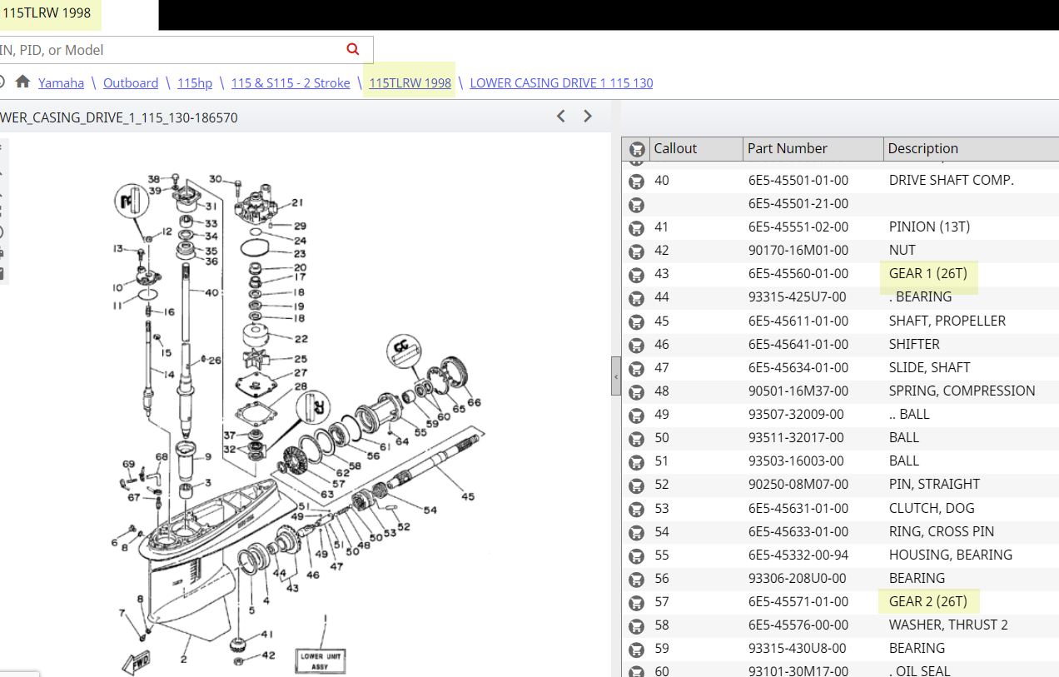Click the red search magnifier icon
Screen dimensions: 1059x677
click(353, 49)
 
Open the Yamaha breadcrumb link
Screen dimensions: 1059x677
click(61, 83)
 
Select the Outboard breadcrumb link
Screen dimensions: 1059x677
click(131, 83)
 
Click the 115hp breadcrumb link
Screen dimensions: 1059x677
click(195, 83)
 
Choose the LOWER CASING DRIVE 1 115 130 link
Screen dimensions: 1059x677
click(561, 83)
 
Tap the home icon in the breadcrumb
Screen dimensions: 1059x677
click(22, 82)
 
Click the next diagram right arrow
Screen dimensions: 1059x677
click(588, 117)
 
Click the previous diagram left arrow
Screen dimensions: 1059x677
click(561, 117)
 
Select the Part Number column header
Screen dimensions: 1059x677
click(787, 148)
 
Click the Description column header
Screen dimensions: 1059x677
click(922, 148)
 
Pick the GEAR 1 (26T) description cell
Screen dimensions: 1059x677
click(927, 274)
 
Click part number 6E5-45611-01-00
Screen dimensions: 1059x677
click(798, 321)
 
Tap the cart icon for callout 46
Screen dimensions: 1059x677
click(636, 345)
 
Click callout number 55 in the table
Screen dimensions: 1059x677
click(662, 555)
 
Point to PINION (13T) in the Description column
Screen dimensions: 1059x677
click(929, 227)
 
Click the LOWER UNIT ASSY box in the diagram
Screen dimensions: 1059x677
click(321, 660)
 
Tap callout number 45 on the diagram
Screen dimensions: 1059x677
click(468, 497)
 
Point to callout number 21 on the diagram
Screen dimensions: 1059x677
click(297, 202)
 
